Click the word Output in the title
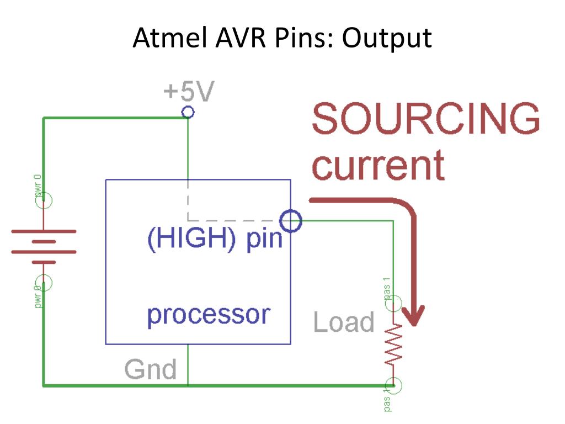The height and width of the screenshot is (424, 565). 387,38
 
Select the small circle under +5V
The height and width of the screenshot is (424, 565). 188,113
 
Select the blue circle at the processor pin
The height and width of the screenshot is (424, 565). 291,221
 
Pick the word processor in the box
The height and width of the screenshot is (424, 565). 209,315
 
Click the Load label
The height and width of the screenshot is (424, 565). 344,322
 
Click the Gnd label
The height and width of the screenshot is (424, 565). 150,369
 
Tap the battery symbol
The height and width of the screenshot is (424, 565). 44,246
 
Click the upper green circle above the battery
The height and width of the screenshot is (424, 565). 43,200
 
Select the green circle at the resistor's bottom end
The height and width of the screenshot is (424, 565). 393,385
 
